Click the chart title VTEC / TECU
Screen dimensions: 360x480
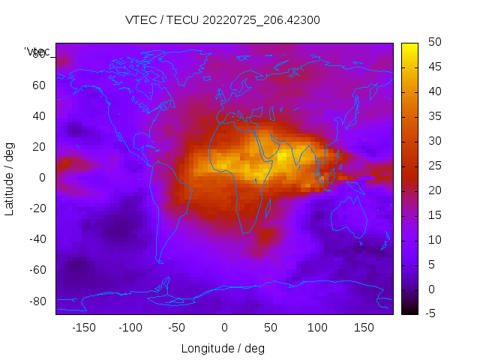coord(223,20)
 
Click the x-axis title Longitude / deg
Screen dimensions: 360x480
coord(223,349)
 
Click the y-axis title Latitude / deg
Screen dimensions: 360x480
coord(10,178)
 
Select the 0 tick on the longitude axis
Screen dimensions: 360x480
coord(223,327)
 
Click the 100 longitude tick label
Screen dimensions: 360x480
coord(317,327)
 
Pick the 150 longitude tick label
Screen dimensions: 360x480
coord(364,327)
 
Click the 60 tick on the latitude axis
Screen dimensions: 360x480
coord(39,85)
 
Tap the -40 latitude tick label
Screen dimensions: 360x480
coord(37,239)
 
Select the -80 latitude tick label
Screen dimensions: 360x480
coord(37,301)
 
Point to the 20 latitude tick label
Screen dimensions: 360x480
coord(39,147)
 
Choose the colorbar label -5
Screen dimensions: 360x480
coord(430,313)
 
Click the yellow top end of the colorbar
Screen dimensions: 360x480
coord(409,47)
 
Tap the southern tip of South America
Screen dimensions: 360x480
coord(160,262)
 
